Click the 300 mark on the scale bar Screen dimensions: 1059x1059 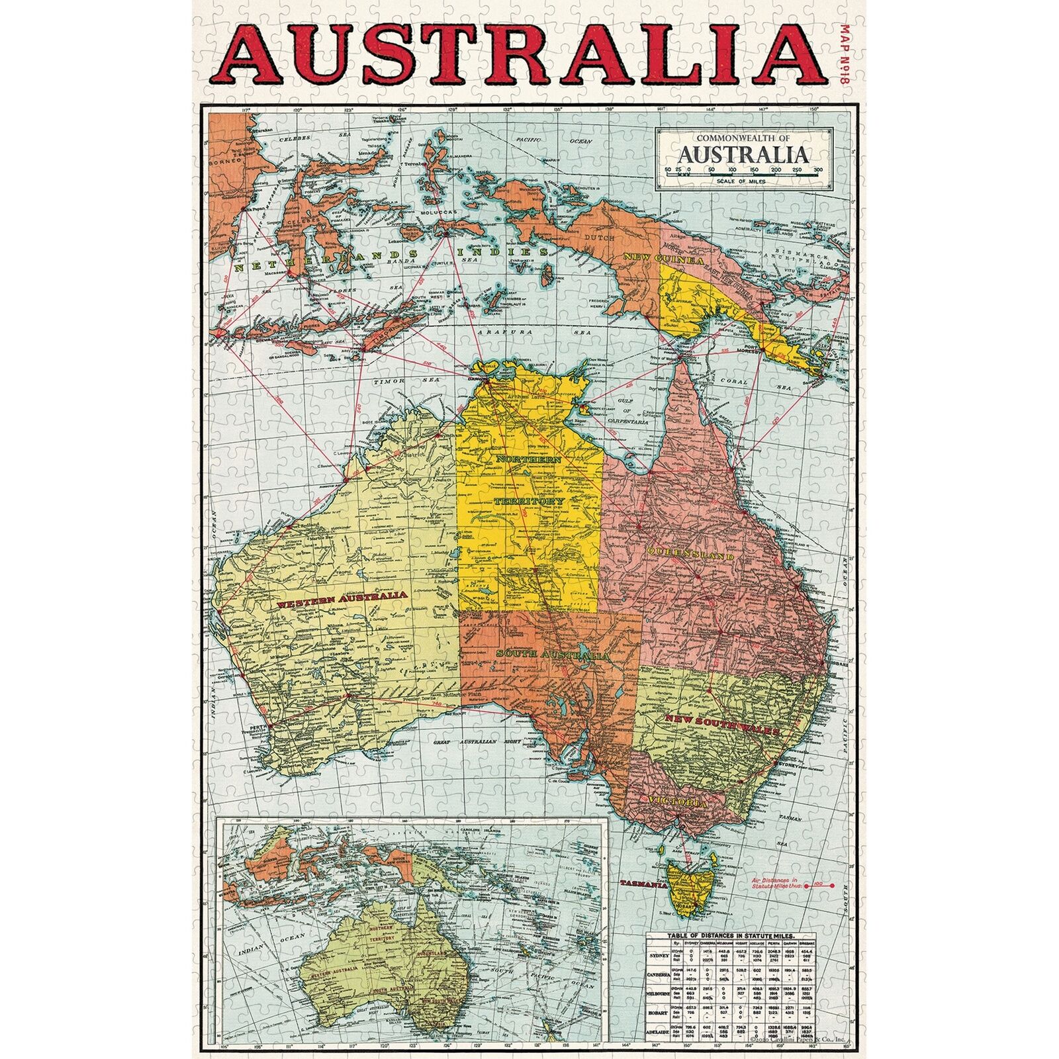coord(818,170)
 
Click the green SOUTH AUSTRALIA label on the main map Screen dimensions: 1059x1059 coord(552,655)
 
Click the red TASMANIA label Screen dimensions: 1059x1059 coord(643,884)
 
